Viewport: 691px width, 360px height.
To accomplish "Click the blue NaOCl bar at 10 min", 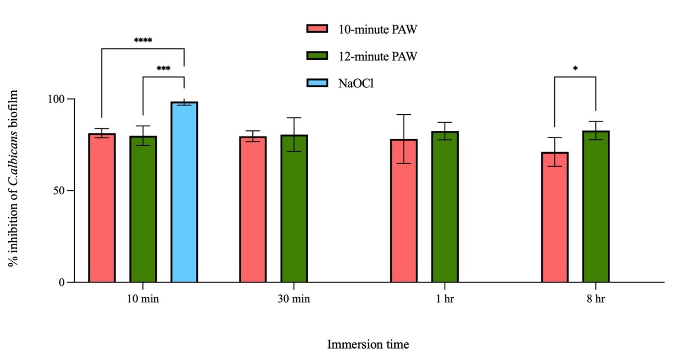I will point(184,192).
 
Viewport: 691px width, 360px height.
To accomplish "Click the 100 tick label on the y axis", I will point(56,99).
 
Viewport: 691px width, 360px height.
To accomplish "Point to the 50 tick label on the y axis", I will point(58,191).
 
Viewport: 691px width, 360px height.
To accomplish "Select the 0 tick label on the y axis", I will point(61,283).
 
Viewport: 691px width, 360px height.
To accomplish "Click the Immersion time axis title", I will point(368,344).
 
